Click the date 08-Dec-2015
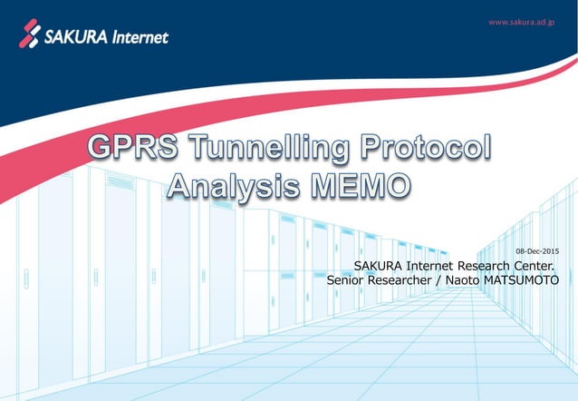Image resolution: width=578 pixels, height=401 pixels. [537, 249]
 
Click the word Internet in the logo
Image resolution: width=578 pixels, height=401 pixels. [141, 37]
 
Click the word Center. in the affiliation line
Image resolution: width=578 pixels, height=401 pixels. [528, 266]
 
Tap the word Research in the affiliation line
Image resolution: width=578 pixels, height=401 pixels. [479, 266]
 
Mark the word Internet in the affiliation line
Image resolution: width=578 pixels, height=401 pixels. [429, 266]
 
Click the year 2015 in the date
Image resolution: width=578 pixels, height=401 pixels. [550, 249]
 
